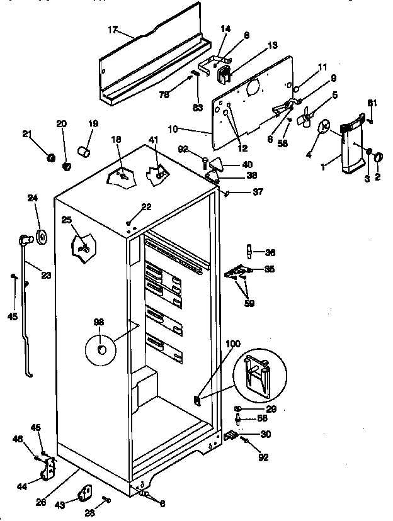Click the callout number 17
[113, 29]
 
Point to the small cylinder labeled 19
[83, 152]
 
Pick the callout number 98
[99, 323]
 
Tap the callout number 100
[233, 345]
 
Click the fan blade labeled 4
[325, 127]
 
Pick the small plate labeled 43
[86, 493]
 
